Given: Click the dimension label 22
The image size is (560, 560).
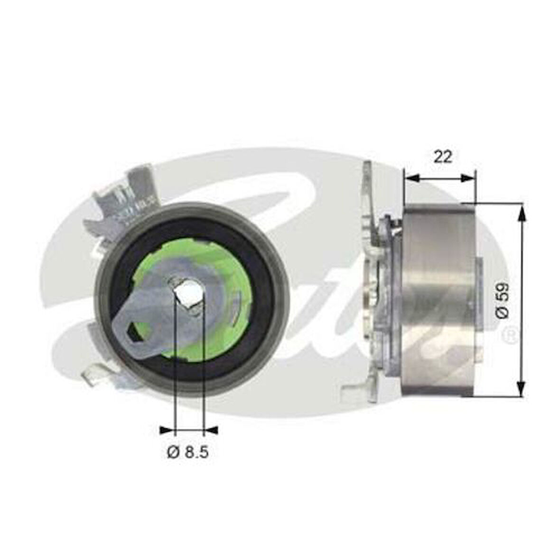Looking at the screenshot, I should [x=442, y=157].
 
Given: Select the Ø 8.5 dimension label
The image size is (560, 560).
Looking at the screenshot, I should [x=187, y=452].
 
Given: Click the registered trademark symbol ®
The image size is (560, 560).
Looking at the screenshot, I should [x=510, y=335].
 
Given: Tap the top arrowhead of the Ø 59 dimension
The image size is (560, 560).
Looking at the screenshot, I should [x=522, y=211].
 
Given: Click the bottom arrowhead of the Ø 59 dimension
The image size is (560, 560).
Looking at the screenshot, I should [x=522, y=389].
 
